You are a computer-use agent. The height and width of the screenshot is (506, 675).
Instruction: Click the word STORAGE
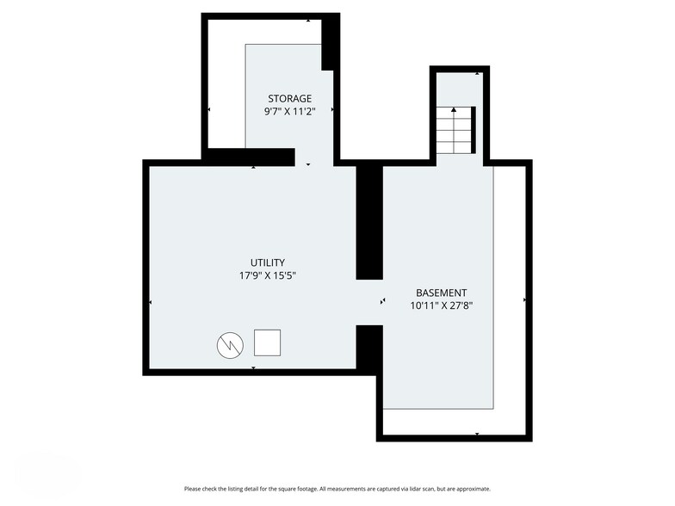pyautogui.click(x=289, y=99)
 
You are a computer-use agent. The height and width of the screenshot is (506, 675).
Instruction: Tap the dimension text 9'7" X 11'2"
pyautogui.click(x=289, y=112)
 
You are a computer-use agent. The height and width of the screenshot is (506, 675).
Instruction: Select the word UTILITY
pyautogui.click(x=268, y=262)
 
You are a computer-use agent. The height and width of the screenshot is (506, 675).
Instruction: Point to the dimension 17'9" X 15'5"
pyautogui.click(x=268, y=276)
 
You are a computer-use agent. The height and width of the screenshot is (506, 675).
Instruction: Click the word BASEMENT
pyautogui.click(x=441, y=293)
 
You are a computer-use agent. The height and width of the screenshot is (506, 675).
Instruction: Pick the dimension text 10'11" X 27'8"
pyautogui.click(x=441, y=305)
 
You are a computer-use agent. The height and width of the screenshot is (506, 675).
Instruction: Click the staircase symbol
pyautogui.click(x=454, y=130)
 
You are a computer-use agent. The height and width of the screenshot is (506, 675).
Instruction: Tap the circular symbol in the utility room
pyautogui.click(x=230, y=345)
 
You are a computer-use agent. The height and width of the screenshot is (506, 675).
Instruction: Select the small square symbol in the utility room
pyautogui.click(x=267, y=342)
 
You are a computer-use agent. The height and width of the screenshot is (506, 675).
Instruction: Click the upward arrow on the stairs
pyautogui.click(x=454, y=111)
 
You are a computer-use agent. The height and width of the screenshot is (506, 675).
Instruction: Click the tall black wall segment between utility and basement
pyautogui.click(x=369, y=222)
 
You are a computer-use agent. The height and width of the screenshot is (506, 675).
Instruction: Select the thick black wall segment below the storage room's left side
pyautogui.click(x=250, y=157)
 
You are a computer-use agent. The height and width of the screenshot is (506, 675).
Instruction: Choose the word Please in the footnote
pyautogui.click(x=194, y=489)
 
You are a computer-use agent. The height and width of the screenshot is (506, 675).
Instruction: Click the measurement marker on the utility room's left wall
pyautogui.click(x=151, y=302)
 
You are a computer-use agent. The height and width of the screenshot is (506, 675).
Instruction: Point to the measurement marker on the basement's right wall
pyautogui.click(x=525, y=300)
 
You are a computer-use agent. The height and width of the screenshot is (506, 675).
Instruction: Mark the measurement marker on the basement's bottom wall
pyautogui.click(x=476, y=434)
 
